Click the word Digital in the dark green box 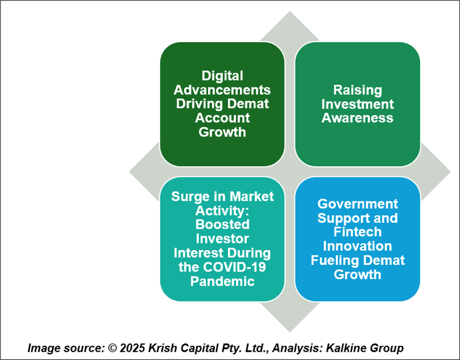[x=223, y=76]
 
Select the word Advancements [x=222, y=90]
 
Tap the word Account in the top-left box [x=223, y=118]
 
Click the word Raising [x=358, y=91]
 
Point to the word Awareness [x=357, y=118]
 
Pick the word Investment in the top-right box [x=358, y=104]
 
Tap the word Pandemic [x=223, y=281]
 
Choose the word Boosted [x=223, y=225]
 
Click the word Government [x=358, y=204]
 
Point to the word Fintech [x=358, y=232]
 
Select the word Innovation [x=358, y=246]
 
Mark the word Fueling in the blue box [x=333, y=261]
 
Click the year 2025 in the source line [x=132, y=349]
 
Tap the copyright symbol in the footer [x=112, y=349]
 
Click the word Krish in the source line [x=162, y=349]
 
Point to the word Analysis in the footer [x=298, y=349]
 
